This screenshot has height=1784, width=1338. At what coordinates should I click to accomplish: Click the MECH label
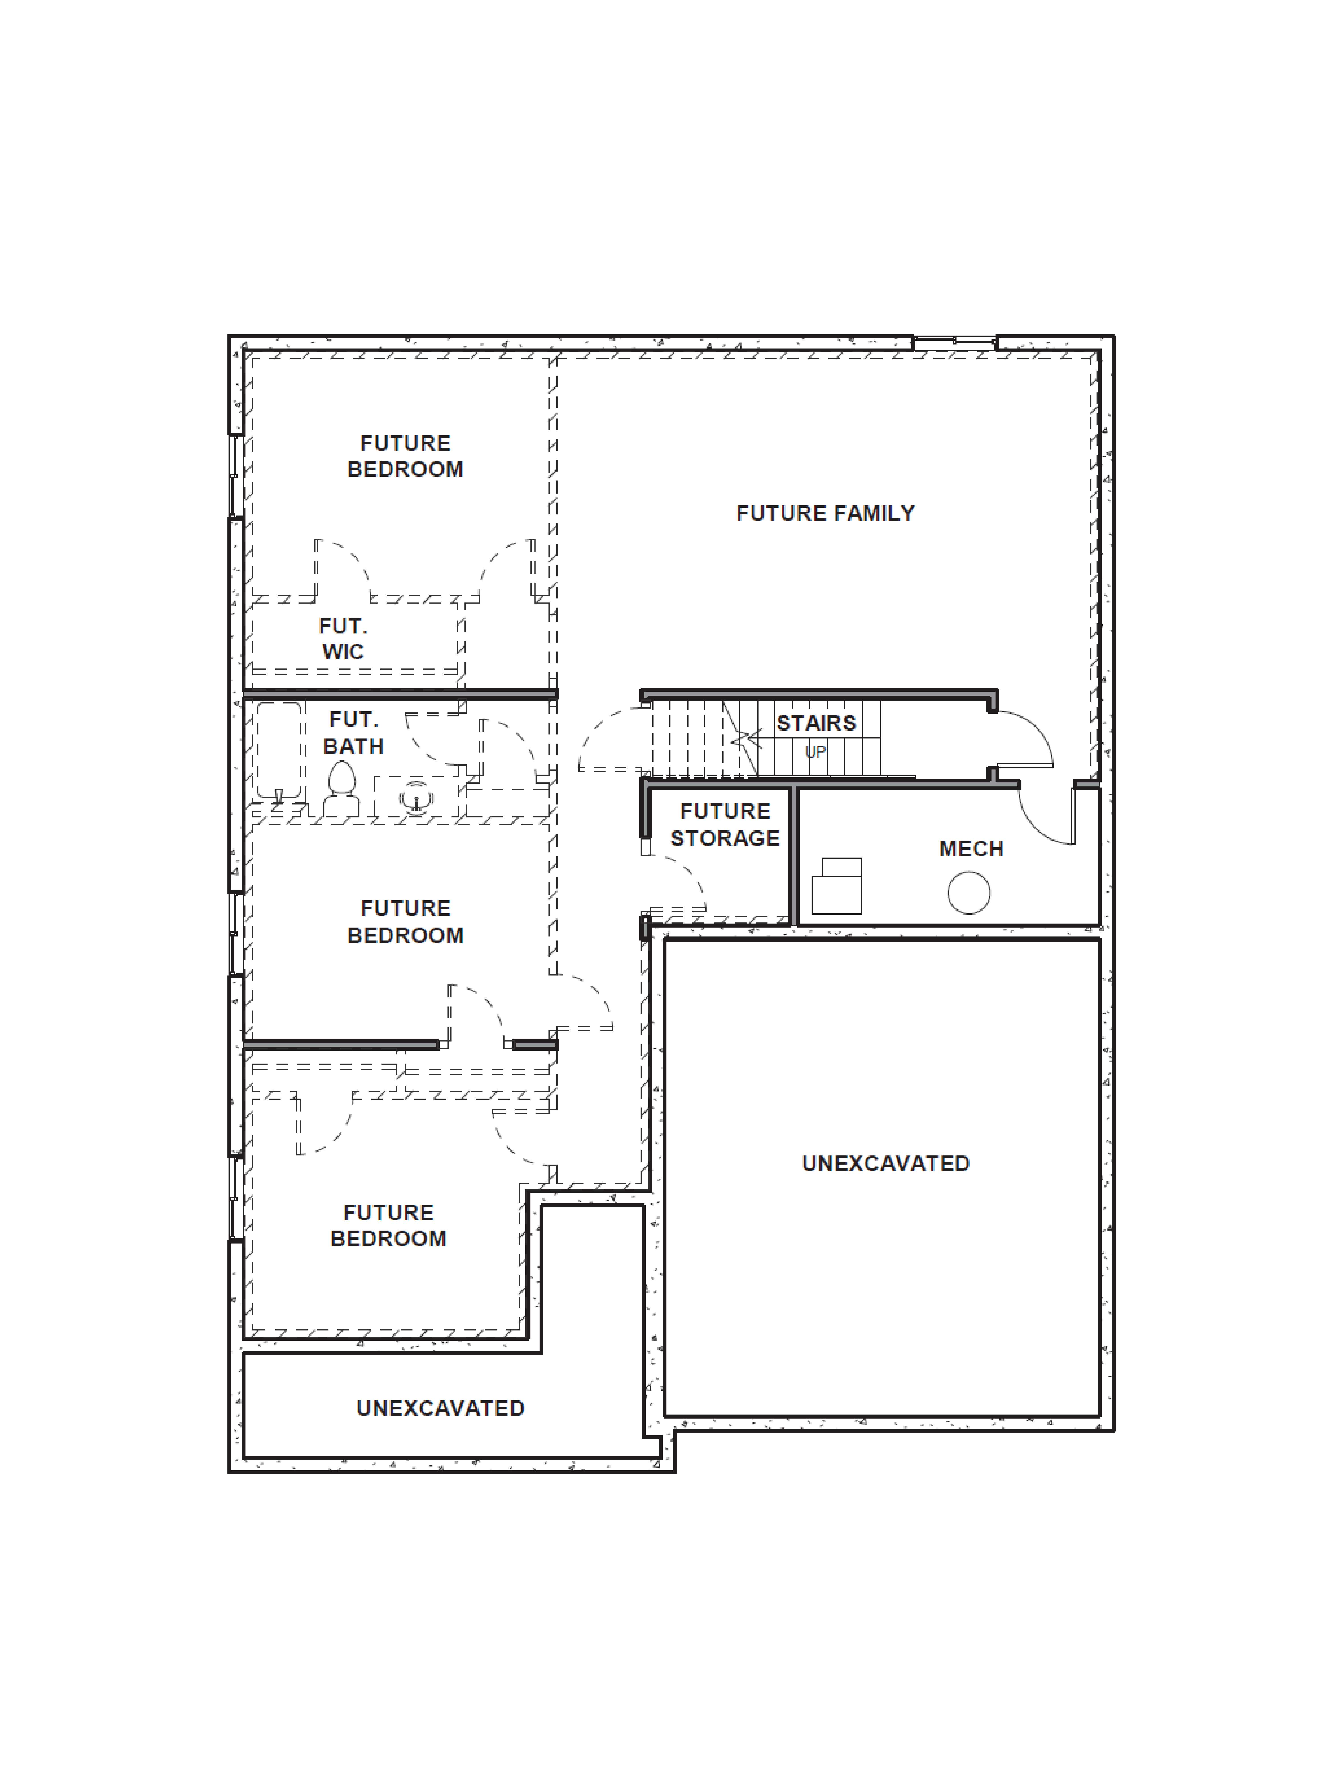[971, 848]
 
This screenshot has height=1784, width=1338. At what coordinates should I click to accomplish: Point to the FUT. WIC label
[343, 639]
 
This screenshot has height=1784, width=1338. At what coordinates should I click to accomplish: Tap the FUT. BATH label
[353, 732]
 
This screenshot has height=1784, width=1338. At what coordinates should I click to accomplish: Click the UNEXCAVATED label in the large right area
[886, 1163]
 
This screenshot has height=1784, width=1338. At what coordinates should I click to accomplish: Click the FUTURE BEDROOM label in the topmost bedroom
[405, 456]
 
